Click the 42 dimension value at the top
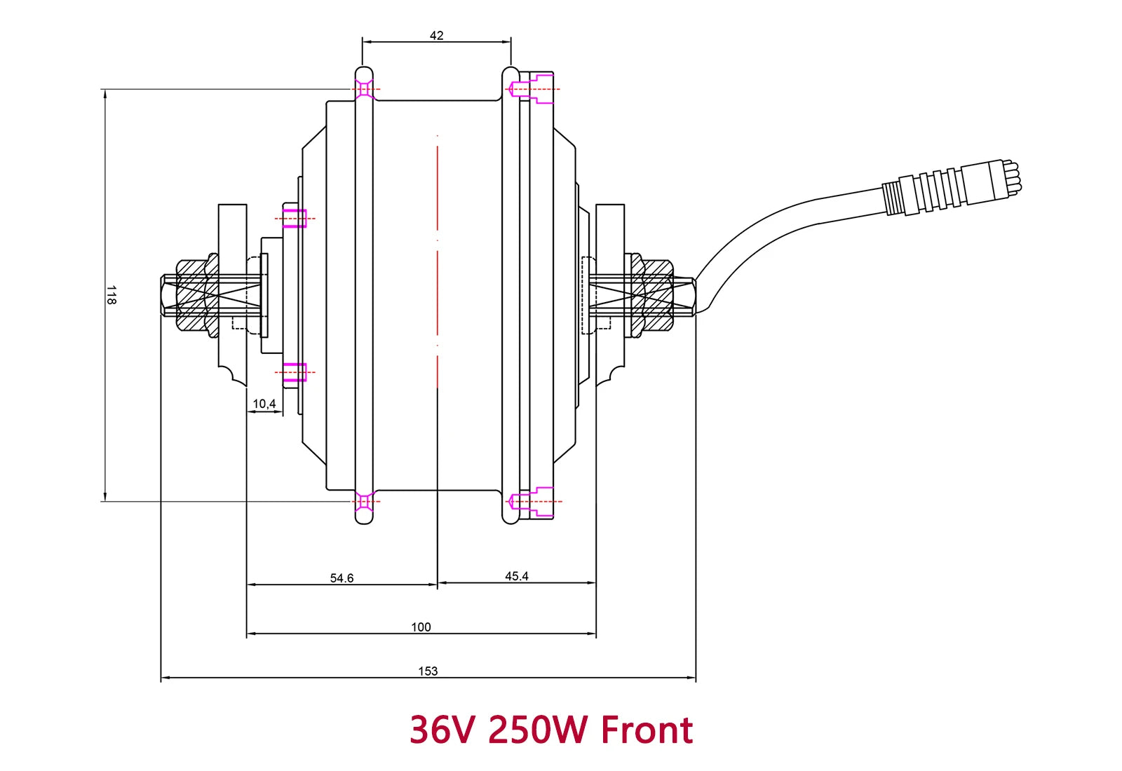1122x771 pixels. [436, 36]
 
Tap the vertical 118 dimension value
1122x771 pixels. [111, 294]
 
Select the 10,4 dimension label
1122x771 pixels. [264, 404]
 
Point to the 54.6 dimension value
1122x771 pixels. [342, 578]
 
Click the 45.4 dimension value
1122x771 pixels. [517, 576]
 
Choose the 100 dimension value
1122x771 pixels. [421, 627]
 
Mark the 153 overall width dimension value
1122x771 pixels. [428, 671]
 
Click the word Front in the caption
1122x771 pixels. [647, 730]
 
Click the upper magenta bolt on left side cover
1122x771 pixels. [295, 218]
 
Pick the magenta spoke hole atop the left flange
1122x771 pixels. [364, 90]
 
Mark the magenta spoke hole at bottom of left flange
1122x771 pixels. [364, 501]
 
